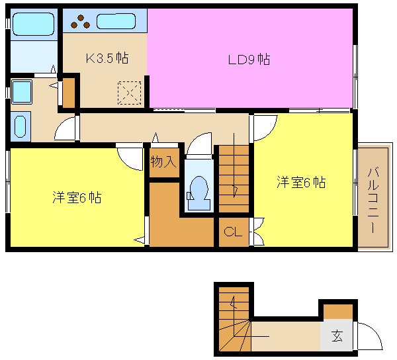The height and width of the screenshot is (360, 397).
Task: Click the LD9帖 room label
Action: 249,60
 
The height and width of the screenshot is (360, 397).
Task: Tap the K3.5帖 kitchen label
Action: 107,58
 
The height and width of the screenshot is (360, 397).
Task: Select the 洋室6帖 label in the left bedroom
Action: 77,197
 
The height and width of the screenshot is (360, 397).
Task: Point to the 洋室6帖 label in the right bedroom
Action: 301,182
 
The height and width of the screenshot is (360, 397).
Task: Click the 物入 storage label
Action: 163,161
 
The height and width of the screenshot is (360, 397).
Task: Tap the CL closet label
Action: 233,232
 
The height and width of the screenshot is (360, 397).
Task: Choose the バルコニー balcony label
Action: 373,201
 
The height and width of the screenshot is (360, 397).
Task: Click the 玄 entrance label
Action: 337,336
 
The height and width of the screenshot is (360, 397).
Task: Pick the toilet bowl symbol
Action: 198,193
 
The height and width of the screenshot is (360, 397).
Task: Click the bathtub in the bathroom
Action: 34,24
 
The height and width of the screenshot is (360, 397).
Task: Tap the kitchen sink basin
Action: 116,21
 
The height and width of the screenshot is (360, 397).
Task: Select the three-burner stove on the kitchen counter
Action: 81,22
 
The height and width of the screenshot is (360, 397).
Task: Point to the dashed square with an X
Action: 130,93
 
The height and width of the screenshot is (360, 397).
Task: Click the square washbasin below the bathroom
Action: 22,92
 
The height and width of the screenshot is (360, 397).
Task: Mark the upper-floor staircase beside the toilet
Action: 234,179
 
